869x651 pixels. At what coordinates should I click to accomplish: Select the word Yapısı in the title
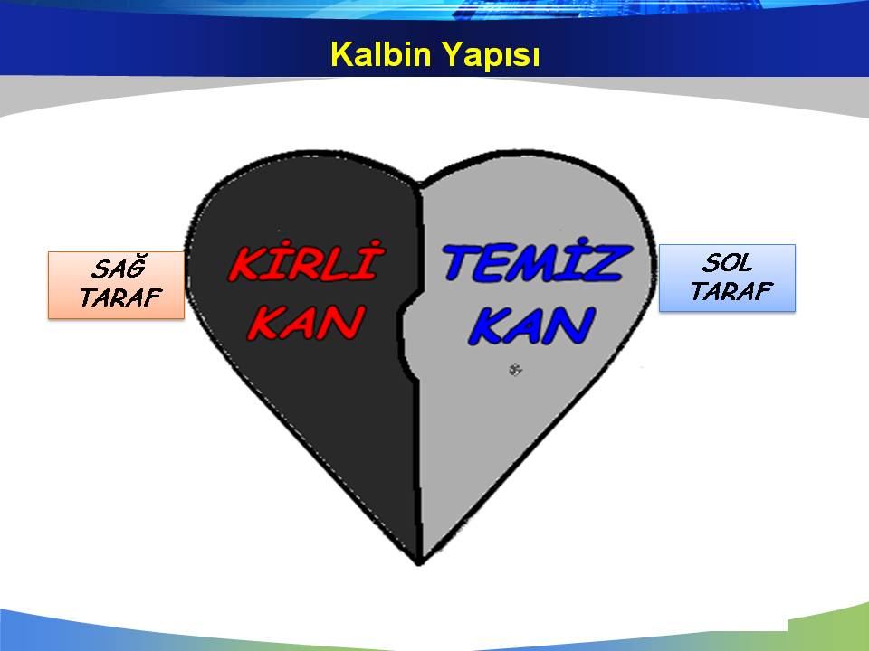[490, 56]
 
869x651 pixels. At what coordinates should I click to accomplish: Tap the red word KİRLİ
[307, 261]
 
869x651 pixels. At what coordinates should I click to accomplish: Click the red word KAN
[306, 323]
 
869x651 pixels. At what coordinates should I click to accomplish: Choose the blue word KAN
[532, 326]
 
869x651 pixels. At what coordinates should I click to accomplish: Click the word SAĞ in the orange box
[119, 268]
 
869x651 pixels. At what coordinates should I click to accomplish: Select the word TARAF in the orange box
[120, 297]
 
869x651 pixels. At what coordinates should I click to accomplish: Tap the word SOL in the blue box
[727, 263]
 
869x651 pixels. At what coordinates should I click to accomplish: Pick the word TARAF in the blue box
[731, 291]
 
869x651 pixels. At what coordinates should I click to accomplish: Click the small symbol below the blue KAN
[515, 370]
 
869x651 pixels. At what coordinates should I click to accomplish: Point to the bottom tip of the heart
[419, 564]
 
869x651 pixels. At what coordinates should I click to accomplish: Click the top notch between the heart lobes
[419, 184]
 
